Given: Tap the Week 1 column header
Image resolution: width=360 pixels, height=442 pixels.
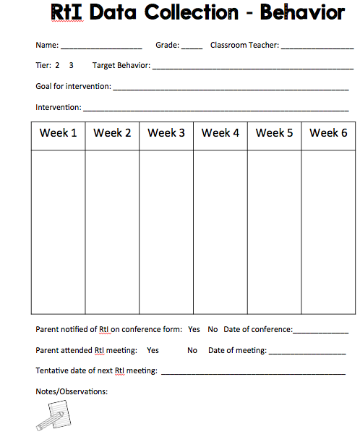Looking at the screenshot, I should (59, 133).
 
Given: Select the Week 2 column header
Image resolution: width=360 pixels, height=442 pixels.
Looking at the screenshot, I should (112, 133).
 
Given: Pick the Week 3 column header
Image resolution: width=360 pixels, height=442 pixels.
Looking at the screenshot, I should (166, 133).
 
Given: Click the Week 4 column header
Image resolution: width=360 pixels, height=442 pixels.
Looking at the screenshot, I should (220, 133).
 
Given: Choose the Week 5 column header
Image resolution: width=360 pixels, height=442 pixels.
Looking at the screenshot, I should (275, 133).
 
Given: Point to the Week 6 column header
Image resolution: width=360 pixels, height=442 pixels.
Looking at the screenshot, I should (328, 133).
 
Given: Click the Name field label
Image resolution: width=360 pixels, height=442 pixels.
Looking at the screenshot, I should (47, 45).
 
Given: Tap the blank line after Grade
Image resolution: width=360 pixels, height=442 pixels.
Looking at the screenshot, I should (192, 47).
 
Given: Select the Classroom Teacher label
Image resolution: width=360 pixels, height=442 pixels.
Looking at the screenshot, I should (244, 45).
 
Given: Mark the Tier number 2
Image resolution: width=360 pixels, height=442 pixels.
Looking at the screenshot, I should (57, 65).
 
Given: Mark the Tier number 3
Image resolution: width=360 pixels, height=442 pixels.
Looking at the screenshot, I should (71, 65).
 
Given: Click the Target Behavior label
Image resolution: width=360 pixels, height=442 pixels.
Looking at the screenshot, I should (121, 65).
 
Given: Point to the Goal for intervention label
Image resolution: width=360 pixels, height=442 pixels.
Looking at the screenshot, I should (73, 86).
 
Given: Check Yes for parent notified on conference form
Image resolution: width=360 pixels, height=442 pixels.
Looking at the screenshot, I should (194, 329).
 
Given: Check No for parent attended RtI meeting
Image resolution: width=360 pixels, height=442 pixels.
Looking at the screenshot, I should (192, 350).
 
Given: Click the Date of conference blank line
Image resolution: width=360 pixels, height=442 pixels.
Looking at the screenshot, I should (320, 331).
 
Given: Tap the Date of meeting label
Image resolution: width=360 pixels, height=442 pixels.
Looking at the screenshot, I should (237, 350).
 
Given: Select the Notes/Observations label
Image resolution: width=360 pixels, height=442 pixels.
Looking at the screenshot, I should (71, 391).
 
